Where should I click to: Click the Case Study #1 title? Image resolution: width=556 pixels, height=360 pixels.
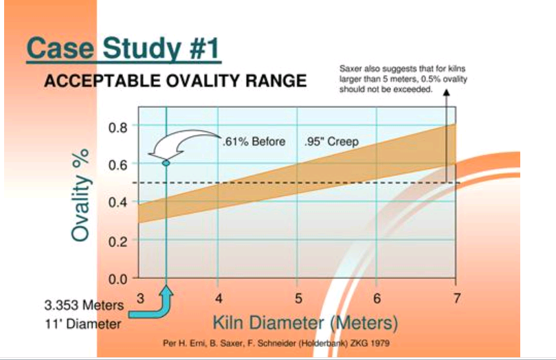tap(124, 49)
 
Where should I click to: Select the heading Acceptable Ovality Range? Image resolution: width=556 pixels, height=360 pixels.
tap(175, 81)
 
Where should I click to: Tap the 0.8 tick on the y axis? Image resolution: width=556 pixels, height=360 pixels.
tap(118, 127)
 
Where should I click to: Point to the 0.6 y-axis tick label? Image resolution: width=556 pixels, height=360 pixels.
tap(118, 165)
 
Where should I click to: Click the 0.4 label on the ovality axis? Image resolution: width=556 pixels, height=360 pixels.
tap(118, 203)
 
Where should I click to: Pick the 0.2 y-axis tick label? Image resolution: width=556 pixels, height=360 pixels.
tap(118, 241)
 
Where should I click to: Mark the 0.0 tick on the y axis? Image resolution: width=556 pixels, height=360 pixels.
tap(118, 279)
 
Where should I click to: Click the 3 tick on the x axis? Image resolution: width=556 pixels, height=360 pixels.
tap(141, 298)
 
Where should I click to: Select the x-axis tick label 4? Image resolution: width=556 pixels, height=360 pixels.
tap(219, 298)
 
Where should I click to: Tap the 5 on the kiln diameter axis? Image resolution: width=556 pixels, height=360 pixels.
tap(298, 298)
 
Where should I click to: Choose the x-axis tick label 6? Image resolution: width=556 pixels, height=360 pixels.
tap(377, 298)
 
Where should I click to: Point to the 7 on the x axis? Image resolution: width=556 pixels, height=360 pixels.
tap(457, 298)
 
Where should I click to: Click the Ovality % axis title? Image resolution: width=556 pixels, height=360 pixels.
tap(80, 195)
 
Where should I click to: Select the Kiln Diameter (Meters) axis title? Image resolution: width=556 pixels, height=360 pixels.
tap(305, 323)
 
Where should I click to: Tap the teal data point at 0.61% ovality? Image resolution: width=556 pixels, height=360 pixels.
tap(166, 163)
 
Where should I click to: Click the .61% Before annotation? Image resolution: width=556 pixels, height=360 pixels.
tap(254, 142)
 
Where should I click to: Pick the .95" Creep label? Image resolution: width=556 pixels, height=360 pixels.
tap(331, 142)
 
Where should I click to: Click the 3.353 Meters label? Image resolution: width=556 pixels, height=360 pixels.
tap(84, 305)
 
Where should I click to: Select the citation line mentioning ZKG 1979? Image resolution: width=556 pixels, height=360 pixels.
tap(276, 343)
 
